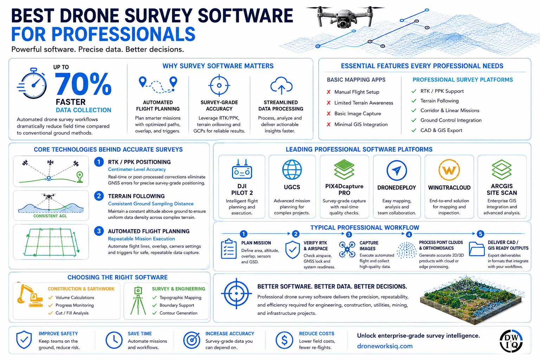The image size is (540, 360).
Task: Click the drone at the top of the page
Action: [x=345, y=17]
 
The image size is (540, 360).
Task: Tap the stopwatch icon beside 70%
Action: [x=32, y=83]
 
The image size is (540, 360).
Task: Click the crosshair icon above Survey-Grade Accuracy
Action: [x=219, y=85]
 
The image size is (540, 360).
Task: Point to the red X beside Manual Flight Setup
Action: [x=329, y=92]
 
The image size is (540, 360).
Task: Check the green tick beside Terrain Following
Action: [x=414, y=101]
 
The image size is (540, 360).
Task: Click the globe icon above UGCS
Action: [x=292, y=169]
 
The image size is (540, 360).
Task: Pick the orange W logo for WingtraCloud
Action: [x=449, y=170]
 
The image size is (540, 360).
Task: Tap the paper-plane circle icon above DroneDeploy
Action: [x=397, y=170]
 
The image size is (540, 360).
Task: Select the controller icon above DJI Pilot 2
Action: [x=242, y=169]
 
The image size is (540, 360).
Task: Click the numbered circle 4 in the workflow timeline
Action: [x=409, y=234]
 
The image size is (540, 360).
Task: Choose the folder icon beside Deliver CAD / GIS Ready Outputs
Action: [x=477, y=249]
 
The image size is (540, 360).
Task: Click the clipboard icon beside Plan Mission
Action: [x=229, y=249]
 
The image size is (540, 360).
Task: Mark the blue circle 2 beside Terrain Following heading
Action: [x=99, y=196]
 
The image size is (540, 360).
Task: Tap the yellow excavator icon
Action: [x=30, y=296]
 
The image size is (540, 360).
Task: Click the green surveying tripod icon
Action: [x=138, y=301]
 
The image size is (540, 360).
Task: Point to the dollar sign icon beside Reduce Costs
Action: [x=284, y=340]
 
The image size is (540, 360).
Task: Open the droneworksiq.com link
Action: [x=385, y=346]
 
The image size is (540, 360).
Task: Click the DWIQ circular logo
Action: [x=511, y=341]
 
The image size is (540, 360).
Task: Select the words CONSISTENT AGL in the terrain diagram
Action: [x=50, y=216]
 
